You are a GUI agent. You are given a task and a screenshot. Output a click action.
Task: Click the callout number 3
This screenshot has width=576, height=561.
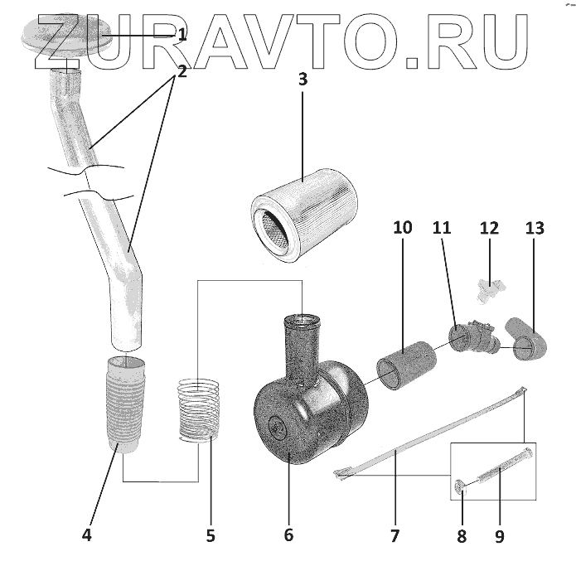click(303, 80)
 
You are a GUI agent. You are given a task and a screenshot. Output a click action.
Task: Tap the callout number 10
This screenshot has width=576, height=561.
click(403, 227)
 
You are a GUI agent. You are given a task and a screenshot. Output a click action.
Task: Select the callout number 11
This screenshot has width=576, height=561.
click(441, 227)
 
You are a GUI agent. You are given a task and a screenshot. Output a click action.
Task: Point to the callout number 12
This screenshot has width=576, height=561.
click(489, 227)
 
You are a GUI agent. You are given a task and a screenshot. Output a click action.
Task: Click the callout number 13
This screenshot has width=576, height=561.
click(535, 227)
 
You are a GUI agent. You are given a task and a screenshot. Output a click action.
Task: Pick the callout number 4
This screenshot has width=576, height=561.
click(87, 534)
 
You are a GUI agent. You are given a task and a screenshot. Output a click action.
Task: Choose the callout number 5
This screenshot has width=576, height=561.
click(211, 534)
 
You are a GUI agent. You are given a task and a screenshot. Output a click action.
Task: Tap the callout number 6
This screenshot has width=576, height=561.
click(288, 534)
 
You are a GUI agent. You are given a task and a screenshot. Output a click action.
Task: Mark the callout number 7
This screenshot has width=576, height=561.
click(394, 534)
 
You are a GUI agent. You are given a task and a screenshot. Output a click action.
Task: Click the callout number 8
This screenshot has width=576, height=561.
click(462, 536)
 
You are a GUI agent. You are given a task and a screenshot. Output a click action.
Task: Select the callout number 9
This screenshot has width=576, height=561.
click(500, 536)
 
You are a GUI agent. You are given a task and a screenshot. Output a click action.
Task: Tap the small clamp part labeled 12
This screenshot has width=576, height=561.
click(489, 288)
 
